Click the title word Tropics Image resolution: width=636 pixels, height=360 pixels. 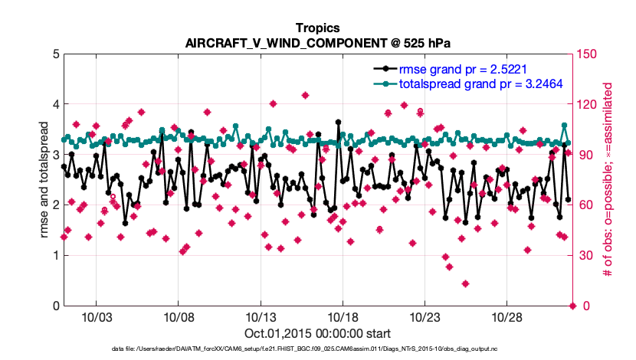click(x=317, y=28)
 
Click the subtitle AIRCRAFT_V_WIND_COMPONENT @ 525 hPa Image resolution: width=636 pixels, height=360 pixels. click(x=317, y=43)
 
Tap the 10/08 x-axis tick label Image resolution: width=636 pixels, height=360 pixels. click(x=178, y=317)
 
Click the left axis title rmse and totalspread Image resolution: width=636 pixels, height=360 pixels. click(x=44, y=180)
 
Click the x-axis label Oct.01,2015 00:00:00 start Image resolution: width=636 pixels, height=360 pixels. click(x=317, y=333)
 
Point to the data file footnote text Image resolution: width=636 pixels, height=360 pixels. click(x=317, y=349)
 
